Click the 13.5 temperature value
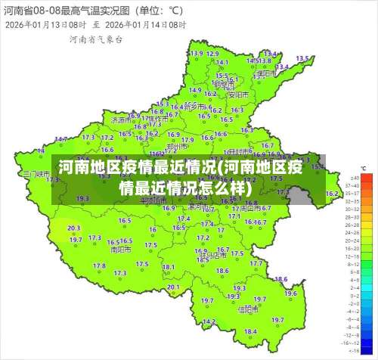pyautogui.click(x=302, y=58)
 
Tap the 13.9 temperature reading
pyautogui.click(x=197, y=53)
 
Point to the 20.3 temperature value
pyautogui.click(x=74, y=228)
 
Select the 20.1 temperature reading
pyautogui.click(x=173, y=287)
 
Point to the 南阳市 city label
pyautogui.click(x=120, y=248)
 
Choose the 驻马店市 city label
pyautogui.click(x=215, y=256)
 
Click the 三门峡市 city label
pyautogui.click(x=36, y=174)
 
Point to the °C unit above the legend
pyautogui.click(x=363, y=168)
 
